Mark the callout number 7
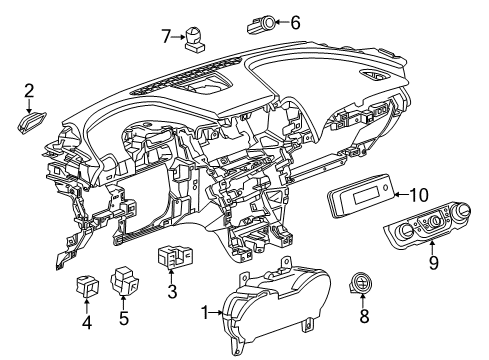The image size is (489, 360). pos(166,37)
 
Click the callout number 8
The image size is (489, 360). pos(364,319)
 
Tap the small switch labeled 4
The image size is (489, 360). pos(87,286)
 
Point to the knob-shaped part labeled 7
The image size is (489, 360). pos(194,39)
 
